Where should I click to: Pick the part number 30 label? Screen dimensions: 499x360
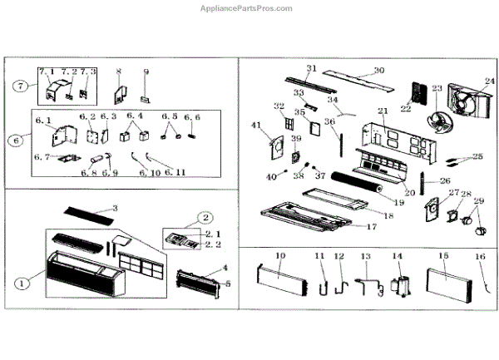point(378,71)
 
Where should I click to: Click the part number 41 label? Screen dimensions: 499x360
point(255,126)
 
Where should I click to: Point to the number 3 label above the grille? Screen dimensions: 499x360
point(115,207)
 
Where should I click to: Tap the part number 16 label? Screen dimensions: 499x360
point(479,257)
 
